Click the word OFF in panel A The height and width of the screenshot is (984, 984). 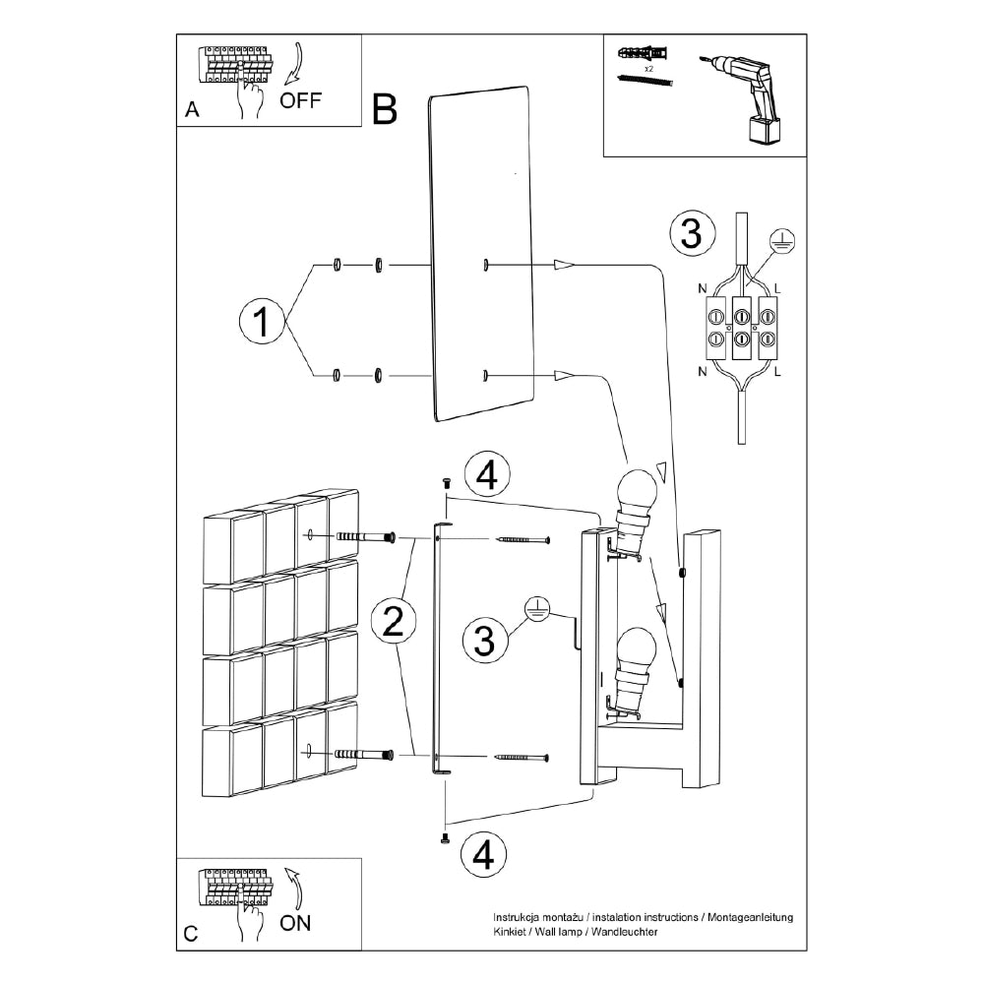pos(300,100)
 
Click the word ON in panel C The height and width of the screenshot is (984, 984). pos(295,922)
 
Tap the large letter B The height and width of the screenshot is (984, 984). pos(385,110)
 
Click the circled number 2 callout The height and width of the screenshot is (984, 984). pos(393,621)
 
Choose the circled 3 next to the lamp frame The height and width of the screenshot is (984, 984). pos(483,640)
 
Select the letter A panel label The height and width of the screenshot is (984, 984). pos(193,110)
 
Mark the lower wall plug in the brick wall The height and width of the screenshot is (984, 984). pos(364,755)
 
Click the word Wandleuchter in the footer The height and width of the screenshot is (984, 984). pos(622,930)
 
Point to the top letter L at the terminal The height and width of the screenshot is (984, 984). pos(778,288)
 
